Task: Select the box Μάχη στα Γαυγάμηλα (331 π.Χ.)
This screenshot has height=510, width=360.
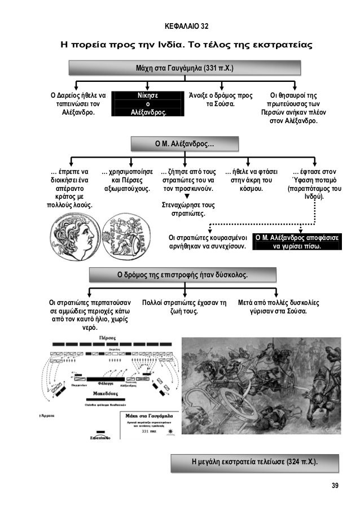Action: click(184, 68)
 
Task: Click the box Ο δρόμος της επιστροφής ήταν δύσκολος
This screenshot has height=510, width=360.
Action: click(184, 274)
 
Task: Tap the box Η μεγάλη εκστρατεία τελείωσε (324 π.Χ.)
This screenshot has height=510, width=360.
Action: click(253, 463)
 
